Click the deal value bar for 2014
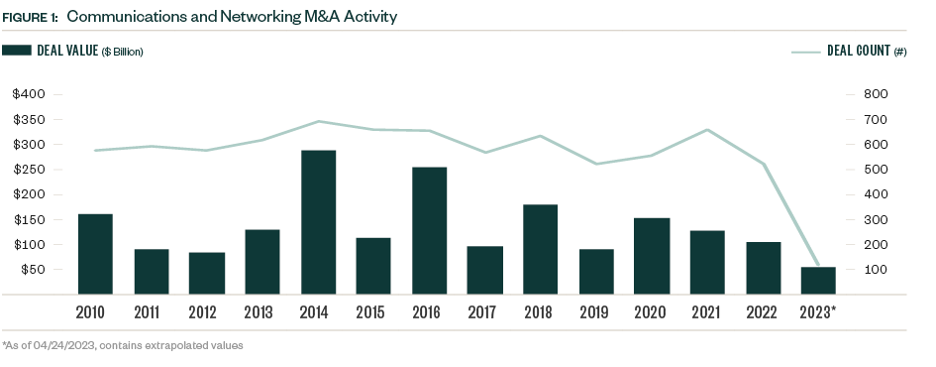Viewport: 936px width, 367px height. (318, 222)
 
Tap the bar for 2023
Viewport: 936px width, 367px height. (818, 280)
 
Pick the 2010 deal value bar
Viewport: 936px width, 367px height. (95, 254)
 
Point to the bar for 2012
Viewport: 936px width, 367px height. (206, 273)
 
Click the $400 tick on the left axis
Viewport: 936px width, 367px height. (30, 94)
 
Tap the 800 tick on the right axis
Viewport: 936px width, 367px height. (877, 94)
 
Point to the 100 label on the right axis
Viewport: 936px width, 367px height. (877, 270)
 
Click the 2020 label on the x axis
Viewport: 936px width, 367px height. (651, 313)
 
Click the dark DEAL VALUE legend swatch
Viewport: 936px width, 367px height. (16, 50)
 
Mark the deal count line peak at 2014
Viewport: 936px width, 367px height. (318, 121)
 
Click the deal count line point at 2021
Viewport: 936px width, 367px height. (706, 130)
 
